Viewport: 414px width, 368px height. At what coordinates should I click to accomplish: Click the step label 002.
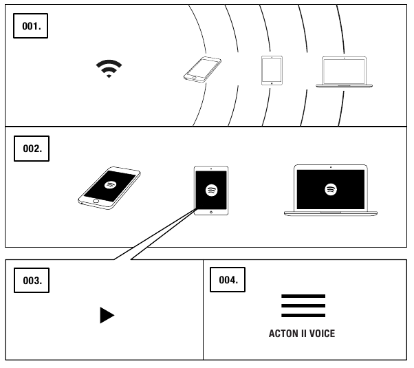coord(31,149)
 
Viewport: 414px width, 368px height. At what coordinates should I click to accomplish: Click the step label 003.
coord(31,281)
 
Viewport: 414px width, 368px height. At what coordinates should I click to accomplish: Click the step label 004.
coord(228,281)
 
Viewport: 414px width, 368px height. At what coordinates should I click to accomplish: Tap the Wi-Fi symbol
coord(109,68)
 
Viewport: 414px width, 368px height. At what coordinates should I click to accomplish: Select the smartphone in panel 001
coord(202,70)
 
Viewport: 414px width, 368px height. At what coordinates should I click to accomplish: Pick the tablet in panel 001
coord(272,69)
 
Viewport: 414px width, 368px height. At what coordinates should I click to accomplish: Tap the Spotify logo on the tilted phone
coord(109,185)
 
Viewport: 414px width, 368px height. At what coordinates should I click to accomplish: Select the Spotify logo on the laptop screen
coord(331,188)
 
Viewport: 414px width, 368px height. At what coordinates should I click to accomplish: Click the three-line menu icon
coord(303,305)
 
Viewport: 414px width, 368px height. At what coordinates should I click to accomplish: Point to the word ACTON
coord(285,334)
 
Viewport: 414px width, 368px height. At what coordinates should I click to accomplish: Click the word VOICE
coord(321,334)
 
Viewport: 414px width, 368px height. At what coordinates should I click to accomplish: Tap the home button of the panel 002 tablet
coord(211,212)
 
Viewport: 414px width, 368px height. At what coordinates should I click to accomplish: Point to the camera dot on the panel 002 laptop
coord(331,167)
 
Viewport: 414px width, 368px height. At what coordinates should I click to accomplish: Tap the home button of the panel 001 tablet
coord(272,83)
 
